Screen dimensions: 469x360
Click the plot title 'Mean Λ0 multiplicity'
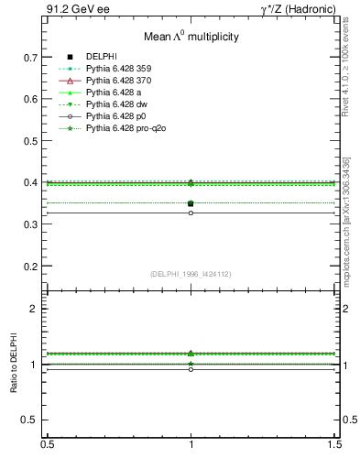[191, 37]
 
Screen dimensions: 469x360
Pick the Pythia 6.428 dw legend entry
[118, 104]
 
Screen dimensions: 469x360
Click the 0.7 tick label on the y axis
[31, 57]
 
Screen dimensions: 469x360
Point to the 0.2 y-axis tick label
[31, 267]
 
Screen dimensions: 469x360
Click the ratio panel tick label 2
[34, 309]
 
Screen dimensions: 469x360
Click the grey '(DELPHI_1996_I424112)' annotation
[191, 274]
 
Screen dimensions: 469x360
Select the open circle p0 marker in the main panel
[191, 213]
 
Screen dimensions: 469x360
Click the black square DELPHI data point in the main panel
[191, 203]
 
